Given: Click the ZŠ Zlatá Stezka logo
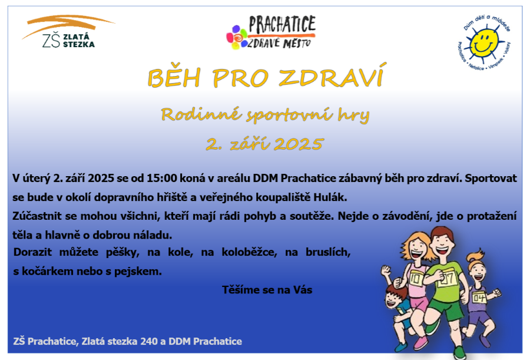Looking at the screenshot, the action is click(x=68, y=31).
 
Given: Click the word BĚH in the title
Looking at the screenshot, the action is click(x=174, y=77).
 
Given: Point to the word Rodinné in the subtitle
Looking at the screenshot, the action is click(x=201, y=114).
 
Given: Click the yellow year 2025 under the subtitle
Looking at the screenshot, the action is click(x=298, y=144).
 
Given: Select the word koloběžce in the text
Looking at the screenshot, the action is click(x=249, y=252).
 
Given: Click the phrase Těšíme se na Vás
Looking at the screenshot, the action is click(x=267, y=290).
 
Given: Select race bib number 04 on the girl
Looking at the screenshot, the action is click(x=479, y=298).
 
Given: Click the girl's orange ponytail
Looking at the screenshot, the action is click(x=476, y=255).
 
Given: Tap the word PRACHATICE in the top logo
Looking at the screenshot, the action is click(x=282, y=24).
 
